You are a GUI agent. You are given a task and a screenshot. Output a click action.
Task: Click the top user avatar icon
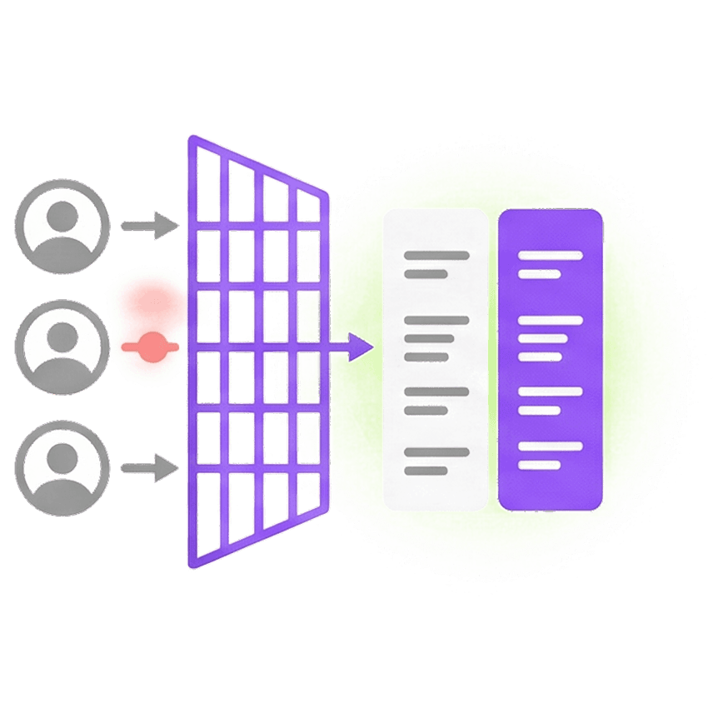(x=62, y=225)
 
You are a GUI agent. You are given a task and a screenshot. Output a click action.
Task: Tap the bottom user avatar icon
(x=62, y=467)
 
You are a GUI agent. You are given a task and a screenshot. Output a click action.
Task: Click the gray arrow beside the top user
(x=149, y=225)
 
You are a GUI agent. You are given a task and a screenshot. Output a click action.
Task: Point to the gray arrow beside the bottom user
(x=149, y=468)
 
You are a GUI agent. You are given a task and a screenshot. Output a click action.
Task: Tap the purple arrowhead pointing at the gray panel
(x=361, y=346)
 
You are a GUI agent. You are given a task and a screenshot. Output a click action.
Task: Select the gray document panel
(x=435, y=359)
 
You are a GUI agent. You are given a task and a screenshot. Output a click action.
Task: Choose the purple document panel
(x=550, y=359)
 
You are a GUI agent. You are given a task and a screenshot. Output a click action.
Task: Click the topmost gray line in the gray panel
(x=436, y=256)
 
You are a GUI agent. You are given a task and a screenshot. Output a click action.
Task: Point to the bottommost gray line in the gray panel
(x=426, y=471)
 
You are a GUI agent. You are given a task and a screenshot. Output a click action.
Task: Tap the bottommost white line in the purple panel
(x=539, y=465)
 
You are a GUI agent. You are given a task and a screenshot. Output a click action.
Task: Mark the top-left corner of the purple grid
(x=190, y=137)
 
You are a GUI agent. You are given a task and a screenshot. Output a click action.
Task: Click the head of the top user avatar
(x=62, y=215)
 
